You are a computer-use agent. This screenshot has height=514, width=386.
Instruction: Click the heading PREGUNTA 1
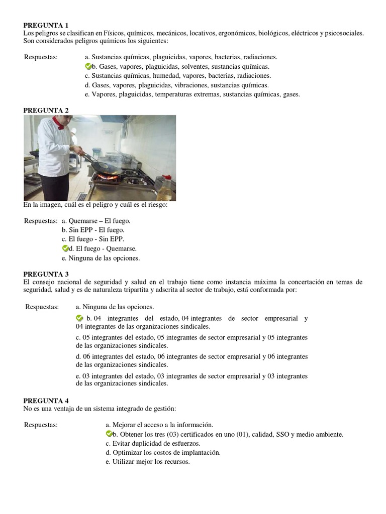tap(46, 25)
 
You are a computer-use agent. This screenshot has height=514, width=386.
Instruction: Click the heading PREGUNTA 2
tap(46, 110)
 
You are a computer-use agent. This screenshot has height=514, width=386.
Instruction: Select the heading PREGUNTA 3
tap(46, 274)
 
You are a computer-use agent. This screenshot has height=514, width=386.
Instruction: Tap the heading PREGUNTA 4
tap(46, 401)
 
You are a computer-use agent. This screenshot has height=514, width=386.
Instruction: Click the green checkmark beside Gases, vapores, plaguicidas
tap(88, 66)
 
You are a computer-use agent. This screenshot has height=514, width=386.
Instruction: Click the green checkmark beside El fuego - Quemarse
tap(65, 248)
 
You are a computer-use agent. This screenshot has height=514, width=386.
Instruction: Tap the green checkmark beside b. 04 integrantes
tap(79, 318)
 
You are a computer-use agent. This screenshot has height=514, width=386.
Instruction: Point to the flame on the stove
tap(110, 177)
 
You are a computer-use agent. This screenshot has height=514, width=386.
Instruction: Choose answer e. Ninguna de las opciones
tap(101, 258)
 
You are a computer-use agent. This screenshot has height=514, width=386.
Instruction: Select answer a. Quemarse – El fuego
tap(95, 220)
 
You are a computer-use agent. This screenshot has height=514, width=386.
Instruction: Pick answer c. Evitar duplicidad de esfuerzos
tap(153, 443)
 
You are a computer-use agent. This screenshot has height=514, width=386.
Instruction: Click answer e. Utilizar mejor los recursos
tap(148, 462)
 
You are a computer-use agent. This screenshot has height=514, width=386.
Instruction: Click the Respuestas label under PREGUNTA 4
tap(41, 425)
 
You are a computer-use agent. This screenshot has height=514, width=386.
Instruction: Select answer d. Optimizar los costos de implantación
tap(163, 452)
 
